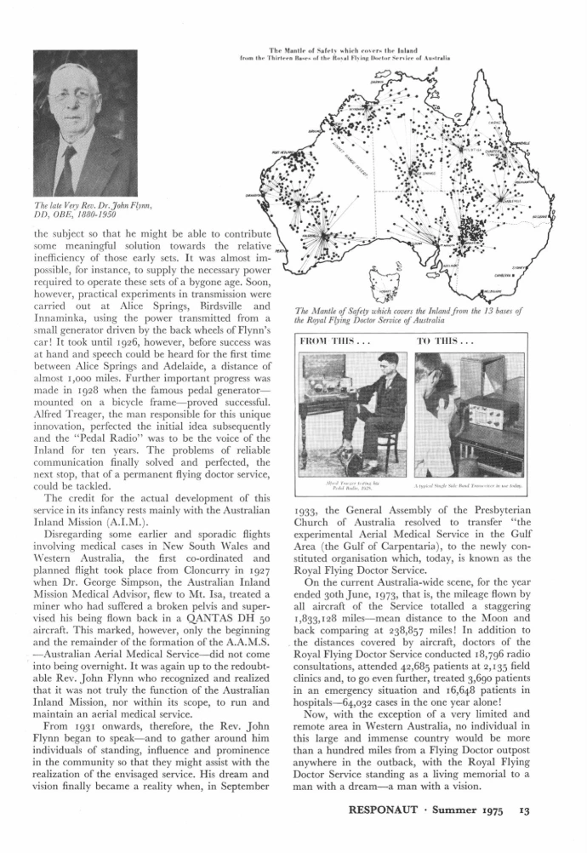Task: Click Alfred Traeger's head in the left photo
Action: tap(368, 364)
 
